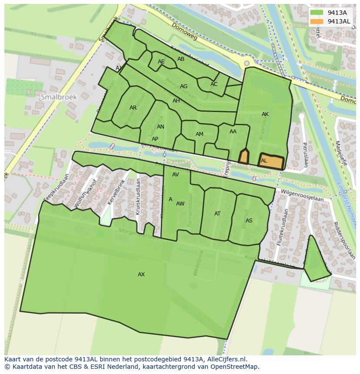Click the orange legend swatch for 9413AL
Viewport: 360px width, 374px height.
tap(317, 21)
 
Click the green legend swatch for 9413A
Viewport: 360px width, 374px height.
tap(317, 13)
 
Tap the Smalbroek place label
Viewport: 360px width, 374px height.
tap(58, 97)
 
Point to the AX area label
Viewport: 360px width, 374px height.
tap(141, 275)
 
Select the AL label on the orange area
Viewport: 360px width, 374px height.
tap(264, 161)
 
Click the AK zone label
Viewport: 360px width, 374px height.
tap(265, 114)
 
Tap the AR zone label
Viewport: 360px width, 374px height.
tap(133, 108)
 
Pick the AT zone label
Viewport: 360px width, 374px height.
tap(217, 214)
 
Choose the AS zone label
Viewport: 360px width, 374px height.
tap(249, 221)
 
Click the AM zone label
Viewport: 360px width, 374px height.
tap(200, 134)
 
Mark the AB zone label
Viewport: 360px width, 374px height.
tap(181, 59)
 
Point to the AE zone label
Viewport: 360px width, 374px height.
tap(161, 62)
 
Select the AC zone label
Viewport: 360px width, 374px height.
tap(214, 84)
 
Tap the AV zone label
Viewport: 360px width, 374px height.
tap(176, 175)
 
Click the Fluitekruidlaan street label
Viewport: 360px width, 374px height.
tap(282, 227)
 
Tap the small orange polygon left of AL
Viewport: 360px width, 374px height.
tap(244, 156)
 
